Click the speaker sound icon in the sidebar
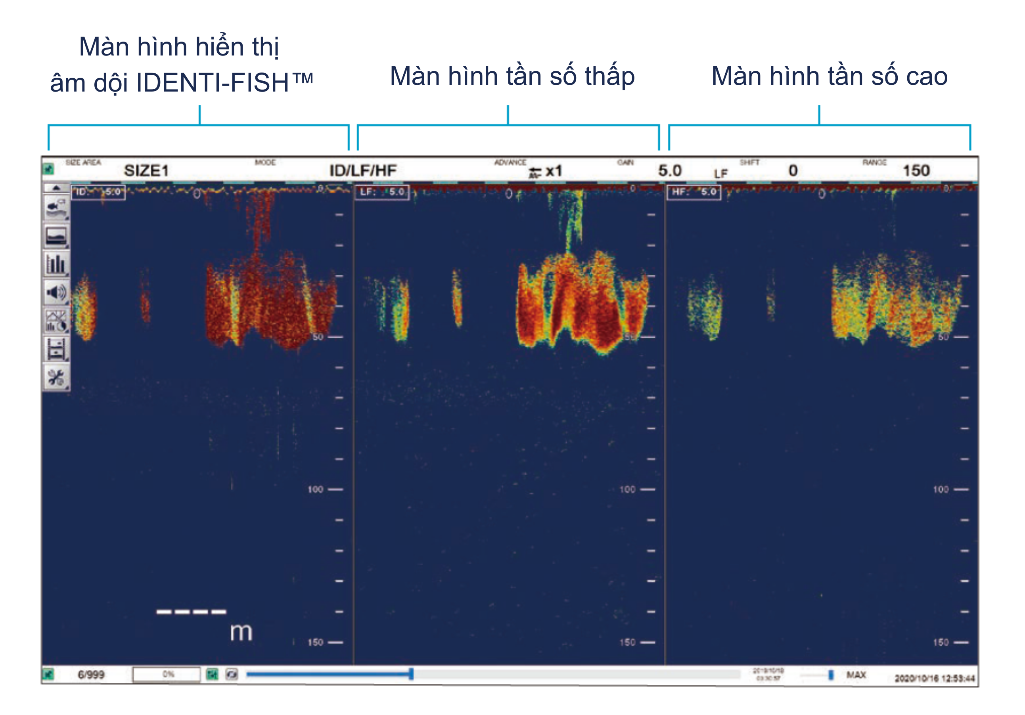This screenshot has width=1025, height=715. (x=56, y=292)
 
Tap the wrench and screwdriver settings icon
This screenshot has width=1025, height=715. (x=56, y=378)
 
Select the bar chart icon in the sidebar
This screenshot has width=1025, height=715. (x=56, y=264)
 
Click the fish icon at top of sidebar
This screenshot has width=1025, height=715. (x=56, y=207)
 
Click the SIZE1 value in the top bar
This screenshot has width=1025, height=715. (x=146, y=170)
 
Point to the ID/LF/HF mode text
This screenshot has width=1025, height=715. (x=362, y=170)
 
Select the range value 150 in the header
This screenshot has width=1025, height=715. (x=916, y=170)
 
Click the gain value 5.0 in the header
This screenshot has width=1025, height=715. (x=669, y=170)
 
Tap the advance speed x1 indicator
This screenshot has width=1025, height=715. (x=546, y=171)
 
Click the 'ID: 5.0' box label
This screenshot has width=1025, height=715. (x=98, y=192)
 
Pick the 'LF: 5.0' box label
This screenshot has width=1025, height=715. (x=382, y=192)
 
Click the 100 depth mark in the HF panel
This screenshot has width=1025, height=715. (x=941, y=489)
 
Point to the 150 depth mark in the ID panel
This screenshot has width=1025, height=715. (x=315, y=642)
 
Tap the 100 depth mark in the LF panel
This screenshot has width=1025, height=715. (x=627, y=489)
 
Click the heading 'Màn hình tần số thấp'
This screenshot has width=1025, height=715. (x=512, y=76)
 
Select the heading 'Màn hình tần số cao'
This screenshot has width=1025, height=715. (x=829, y=76)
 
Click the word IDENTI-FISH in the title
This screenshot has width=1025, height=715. (x=213, y=83)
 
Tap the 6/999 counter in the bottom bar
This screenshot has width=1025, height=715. (x=91, y=675)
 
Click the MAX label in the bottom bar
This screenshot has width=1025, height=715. (x=856, y=675)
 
